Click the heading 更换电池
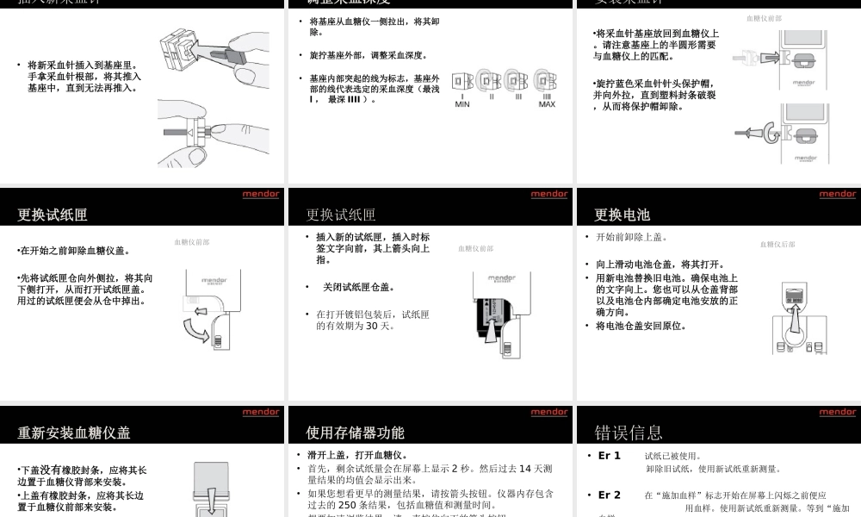tap(622, 215)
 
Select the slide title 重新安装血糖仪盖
tap(74, 433)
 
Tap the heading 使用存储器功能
tap(355, 433)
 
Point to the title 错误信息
tap(629, 433)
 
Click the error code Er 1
tap(610, 456)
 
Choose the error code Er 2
tap(610, 495)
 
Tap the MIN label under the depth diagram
tap(462, 104)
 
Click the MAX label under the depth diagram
tap(547, 104)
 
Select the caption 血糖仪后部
tap(777, 245)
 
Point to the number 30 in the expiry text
tap(374, 326)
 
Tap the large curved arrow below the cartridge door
tap(208, 329)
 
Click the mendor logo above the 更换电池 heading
tap(837, 195)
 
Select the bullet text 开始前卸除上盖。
tap(632, 237)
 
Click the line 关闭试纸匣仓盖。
tap(359, 287)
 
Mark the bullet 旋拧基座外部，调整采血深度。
tap(369, 55)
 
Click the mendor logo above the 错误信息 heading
tap(837, 413)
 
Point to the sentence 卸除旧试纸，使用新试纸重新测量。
tap(713, 469)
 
